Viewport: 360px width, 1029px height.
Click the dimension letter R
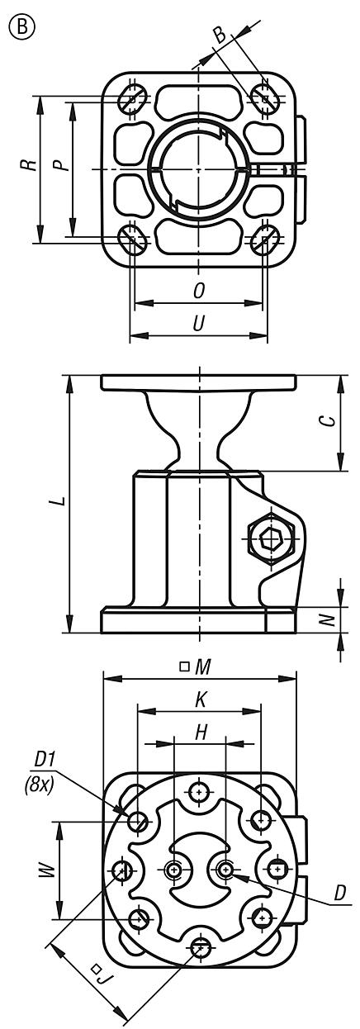[x=29, y=164]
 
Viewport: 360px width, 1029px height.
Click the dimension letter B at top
[x=220, y=36]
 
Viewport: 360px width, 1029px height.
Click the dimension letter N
[x=327, y=617]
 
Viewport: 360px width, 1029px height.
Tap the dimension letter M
[x=204, y=666]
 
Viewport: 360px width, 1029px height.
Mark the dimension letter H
[x=200, y=732]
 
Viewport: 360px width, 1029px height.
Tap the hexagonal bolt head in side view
[x=270, y=541]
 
